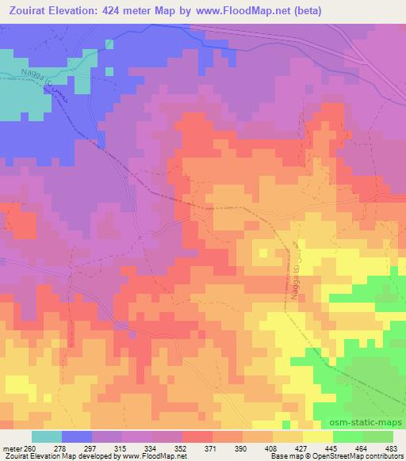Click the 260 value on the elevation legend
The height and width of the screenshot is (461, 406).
(x=32, y=447)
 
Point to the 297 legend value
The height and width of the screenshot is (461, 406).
(x=90, y=447)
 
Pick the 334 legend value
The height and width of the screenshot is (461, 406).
(x=150, y=447)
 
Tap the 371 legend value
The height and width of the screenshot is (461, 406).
(x=209, y=447)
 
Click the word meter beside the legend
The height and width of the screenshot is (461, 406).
(x=12, y=447)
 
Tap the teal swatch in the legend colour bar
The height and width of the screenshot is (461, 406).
(x=47, y=436)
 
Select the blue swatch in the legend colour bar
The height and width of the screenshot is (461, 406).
(x=76, y=436)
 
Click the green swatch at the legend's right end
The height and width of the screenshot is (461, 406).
(x=377, y=436)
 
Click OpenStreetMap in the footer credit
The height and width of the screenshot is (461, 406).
(x=373, y=456)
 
